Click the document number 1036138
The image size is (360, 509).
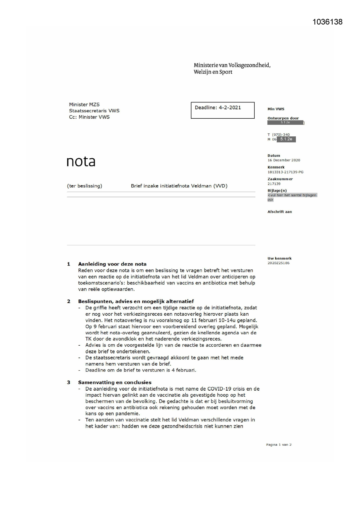pyautogui.click(x=328, y=22)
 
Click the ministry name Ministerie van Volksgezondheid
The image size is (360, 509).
pyautogui.click(x=232, y=65)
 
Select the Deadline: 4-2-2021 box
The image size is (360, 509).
pyautogui.click(x=222, y=110)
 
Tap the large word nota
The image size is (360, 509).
pyautogui.click(x=81, y=161)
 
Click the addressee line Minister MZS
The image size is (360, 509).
pyautogui.click(x=84, y=104)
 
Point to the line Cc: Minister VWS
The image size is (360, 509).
pyautogui.click(x=89, y=117)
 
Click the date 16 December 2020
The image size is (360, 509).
pyautogui.click(x=284, y=160)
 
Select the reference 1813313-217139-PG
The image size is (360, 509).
pyautogui.click(x=285, y=172)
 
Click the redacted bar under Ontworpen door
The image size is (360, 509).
pyautogui.click(x=285, y=122)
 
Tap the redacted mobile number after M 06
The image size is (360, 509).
pyautogui.click(x=286, y=139)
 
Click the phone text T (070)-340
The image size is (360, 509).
pyautogui.click(x=278, y=135)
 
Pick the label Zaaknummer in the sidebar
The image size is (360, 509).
pyautogui.click(x=280, y=179)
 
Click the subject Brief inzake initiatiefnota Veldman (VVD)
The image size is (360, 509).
pyautogui.click(x=179, y=186)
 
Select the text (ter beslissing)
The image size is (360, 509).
pyautogui.click(x=84, y=186)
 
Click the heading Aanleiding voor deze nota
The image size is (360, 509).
pyautogui.click(x=112, y=264)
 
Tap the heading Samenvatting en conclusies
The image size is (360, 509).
pyautogui.click(x=115, y=382)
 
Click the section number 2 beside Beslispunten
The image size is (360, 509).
pyautogui.click(x=69, y=302)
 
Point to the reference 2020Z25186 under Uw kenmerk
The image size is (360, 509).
pyautogui.click(x=278, y=263)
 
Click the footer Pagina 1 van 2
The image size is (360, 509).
pyautogui.click(x=279, y=445)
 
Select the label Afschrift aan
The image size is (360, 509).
pyautogui.click(x=280, y=212)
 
